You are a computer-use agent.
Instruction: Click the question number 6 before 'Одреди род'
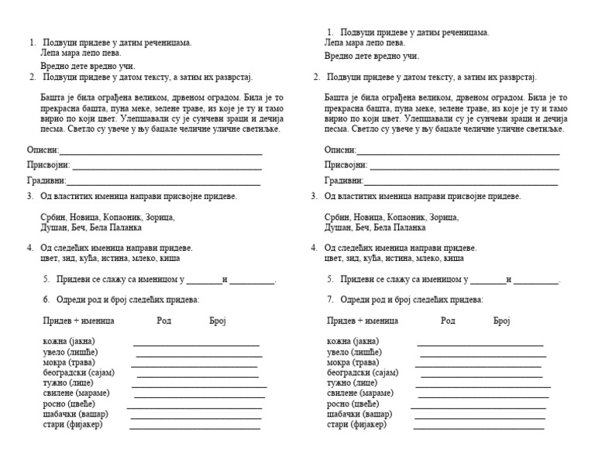(46, 299)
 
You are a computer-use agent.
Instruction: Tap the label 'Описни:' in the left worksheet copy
(43, 150)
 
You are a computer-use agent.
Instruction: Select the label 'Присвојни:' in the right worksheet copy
(346, 165)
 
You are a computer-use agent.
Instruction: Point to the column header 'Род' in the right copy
(448, 320)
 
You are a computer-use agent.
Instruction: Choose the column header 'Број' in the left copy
(218, 320)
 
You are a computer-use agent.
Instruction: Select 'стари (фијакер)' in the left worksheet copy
(73, 424)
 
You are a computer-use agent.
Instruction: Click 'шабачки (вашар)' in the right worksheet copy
(359, 414)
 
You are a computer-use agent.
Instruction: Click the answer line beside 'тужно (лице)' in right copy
(483, 386)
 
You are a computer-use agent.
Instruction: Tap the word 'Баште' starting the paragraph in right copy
(338, 98)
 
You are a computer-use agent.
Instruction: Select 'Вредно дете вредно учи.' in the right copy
(372, 57)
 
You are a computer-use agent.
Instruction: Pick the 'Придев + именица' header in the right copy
(362, 320)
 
